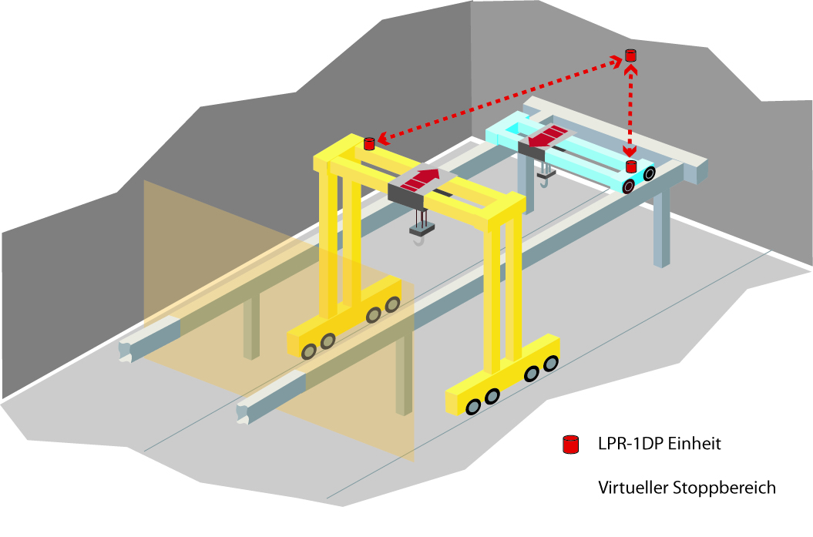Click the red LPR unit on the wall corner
click(630, 55)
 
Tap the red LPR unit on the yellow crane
click(368, 143)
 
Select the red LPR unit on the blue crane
click(631, 166)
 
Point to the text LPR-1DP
click(629, 445)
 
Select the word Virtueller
click(633, 488)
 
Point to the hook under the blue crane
click(546, 180)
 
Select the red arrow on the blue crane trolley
click(548, 137)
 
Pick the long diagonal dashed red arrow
click(501, 99)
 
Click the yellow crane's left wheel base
click(344, 319)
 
